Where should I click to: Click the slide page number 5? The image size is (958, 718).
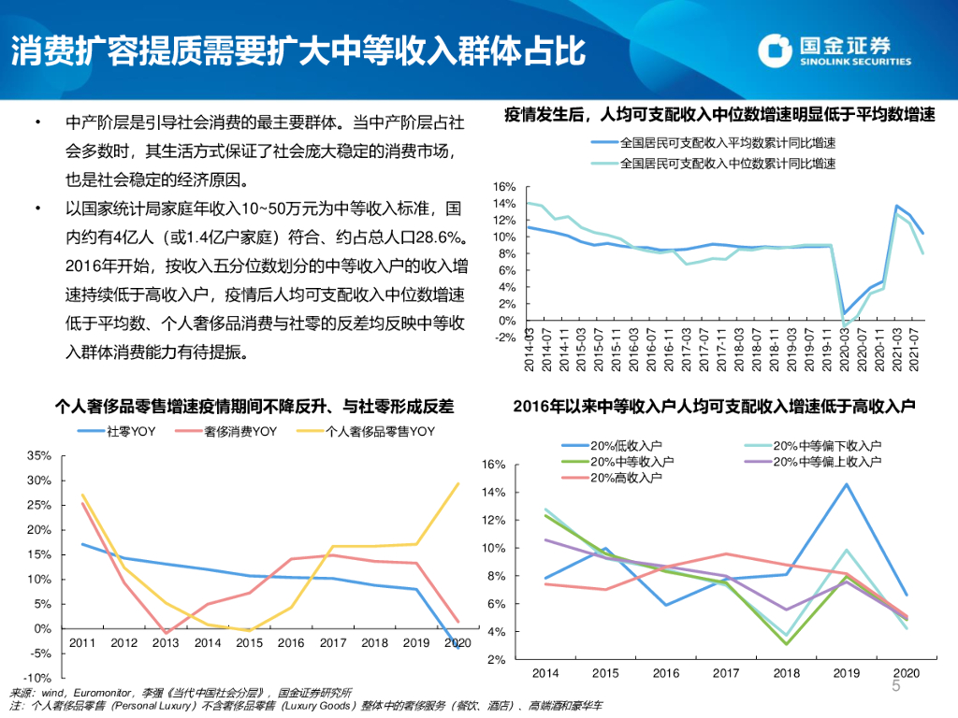[x=895, y=688]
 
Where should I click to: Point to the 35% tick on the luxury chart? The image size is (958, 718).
[x=38, y=456]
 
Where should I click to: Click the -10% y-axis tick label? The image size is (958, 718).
[x=36, y=677]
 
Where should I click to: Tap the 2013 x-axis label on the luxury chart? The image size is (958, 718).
[x=167, y=643]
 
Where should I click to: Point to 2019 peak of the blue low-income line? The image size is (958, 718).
[x=847, y=483]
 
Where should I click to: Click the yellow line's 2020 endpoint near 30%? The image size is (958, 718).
[x=458, y=483]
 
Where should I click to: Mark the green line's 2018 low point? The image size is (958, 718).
[x=786, y=644]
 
